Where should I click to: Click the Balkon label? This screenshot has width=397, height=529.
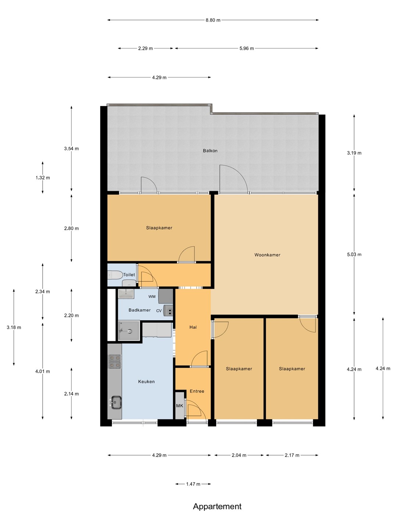coord(210,151)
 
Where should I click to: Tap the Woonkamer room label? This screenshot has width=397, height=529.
coord(267,255)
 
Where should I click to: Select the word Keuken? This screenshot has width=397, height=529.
coord(146,382)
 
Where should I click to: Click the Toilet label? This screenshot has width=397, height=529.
coord(129,274)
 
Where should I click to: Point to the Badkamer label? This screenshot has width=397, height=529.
coord(140,310)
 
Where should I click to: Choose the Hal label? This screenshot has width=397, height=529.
coord(193,327)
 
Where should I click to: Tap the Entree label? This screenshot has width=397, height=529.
coord(197,391)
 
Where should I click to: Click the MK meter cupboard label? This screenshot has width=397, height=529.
coord(180,406)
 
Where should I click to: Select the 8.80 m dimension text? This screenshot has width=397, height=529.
coord(213,20)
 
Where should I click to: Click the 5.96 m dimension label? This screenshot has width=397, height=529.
coord(247,48)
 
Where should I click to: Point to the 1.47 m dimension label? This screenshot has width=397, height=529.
coord(193,484)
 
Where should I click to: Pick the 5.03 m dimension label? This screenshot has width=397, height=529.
coord(354,255)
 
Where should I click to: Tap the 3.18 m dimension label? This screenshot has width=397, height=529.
coord(14,328)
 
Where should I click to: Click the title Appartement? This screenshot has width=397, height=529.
coord(217,506)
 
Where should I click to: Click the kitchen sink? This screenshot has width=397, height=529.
coord(115,402)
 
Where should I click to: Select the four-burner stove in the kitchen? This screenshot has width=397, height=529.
coord(115,361)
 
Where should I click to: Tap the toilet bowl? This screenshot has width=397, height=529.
coord(115,275)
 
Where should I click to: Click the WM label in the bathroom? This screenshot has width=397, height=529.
coord(152,297)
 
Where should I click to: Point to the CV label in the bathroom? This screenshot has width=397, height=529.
coord(159,311)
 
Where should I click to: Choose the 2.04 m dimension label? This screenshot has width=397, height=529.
coord(239,455)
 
